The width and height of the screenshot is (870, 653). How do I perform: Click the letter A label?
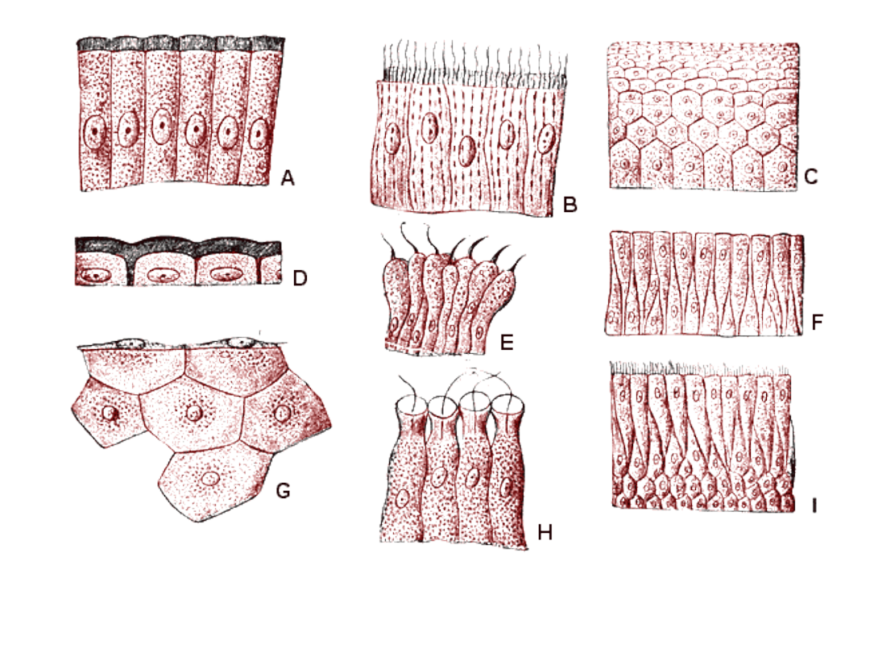(288, 178)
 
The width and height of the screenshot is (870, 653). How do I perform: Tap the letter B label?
(570, 205)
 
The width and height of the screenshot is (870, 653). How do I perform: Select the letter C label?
(810, 177)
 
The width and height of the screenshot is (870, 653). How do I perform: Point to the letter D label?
(300, 277)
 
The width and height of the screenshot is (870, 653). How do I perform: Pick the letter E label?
(507, 343)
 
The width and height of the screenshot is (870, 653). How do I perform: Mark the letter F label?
(817, 322)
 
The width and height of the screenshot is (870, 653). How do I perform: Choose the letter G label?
(283, 490)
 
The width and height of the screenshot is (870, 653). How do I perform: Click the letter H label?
(545, 533)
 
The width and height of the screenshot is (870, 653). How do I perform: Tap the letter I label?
(814, 505)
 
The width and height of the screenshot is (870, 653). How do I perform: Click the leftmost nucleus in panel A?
(93, 131)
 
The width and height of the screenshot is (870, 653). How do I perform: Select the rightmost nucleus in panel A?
(258, 135)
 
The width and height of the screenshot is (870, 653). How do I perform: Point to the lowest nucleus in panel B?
(467, 151)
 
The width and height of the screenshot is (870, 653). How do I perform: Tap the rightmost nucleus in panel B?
(546, 138)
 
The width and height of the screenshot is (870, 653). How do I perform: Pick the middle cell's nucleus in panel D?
(161, 274)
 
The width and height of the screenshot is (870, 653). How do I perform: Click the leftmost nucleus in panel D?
(93, 275)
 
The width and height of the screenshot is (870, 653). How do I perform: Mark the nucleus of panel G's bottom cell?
(210, 478)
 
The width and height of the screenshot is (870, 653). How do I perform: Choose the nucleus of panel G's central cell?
(193, 412)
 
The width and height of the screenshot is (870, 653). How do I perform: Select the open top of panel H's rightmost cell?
(507, 404)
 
